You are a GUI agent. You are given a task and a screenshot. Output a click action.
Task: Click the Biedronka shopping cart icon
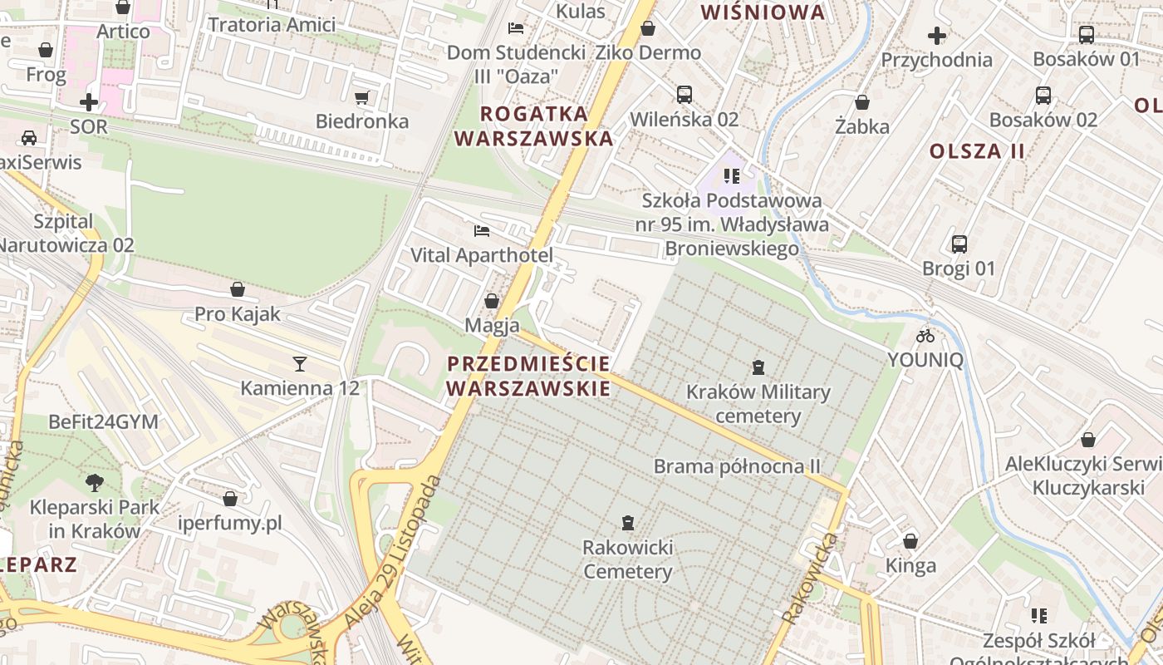tap(361, 98)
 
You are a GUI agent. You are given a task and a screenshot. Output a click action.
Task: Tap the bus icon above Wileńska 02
tap(684, 95)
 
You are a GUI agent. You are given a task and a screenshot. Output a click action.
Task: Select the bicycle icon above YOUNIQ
tap(925, 336)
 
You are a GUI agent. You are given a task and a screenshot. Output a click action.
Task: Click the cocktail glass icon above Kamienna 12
tap(299, 363)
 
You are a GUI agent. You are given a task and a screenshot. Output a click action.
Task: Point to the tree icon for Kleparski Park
tap(95, 482)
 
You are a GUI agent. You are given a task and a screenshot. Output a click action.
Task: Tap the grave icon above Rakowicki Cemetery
tap(627, 523)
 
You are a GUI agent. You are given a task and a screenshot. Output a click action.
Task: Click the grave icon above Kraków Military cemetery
tap(758, 367)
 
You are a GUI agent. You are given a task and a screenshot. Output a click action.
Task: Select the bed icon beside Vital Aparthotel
tap(482, 230)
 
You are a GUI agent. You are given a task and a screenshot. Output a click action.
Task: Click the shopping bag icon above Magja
tap(492, 301)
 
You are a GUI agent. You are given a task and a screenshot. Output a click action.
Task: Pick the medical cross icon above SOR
tap(88, 103)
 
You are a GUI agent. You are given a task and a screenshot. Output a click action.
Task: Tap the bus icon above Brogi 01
tap(959, 244)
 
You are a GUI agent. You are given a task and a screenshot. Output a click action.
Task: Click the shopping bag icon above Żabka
tap(862, 102)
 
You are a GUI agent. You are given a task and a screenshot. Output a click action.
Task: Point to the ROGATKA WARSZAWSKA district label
tap(535, 126)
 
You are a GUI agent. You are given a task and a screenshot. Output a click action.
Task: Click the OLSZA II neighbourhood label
tap(977, 151)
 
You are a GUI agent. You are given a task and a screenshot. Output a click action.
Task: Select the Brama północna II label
tap(737, 466)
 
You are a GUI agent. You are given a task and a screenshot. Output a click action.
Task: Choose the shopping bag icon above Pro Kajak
tap(238, 289)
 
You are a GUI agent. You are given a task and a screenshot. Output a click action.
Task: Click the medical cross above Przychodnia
tap(936, 36)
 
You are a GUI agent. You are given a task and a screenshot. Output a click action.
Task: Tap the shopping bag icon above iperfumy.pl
tap(230, 499)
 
